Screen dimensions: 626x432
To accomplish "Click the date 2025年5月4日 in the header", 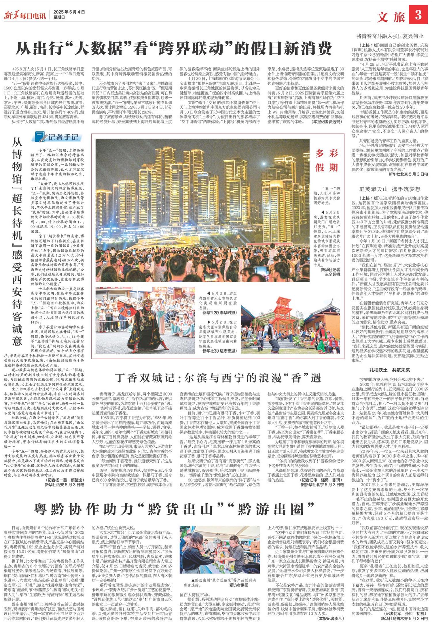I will point(69,12).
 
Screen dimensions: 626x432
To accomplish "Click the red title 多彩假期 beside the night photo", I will point(327,160).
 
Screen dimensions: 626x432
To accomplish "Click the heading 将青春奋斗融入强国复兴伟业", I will point(390,37).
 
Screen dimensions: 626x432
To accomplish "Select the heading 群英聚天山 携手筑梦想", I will point(390,189).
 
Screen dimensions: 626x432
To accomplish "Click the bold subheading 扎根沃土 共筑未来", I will point(390,370).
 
